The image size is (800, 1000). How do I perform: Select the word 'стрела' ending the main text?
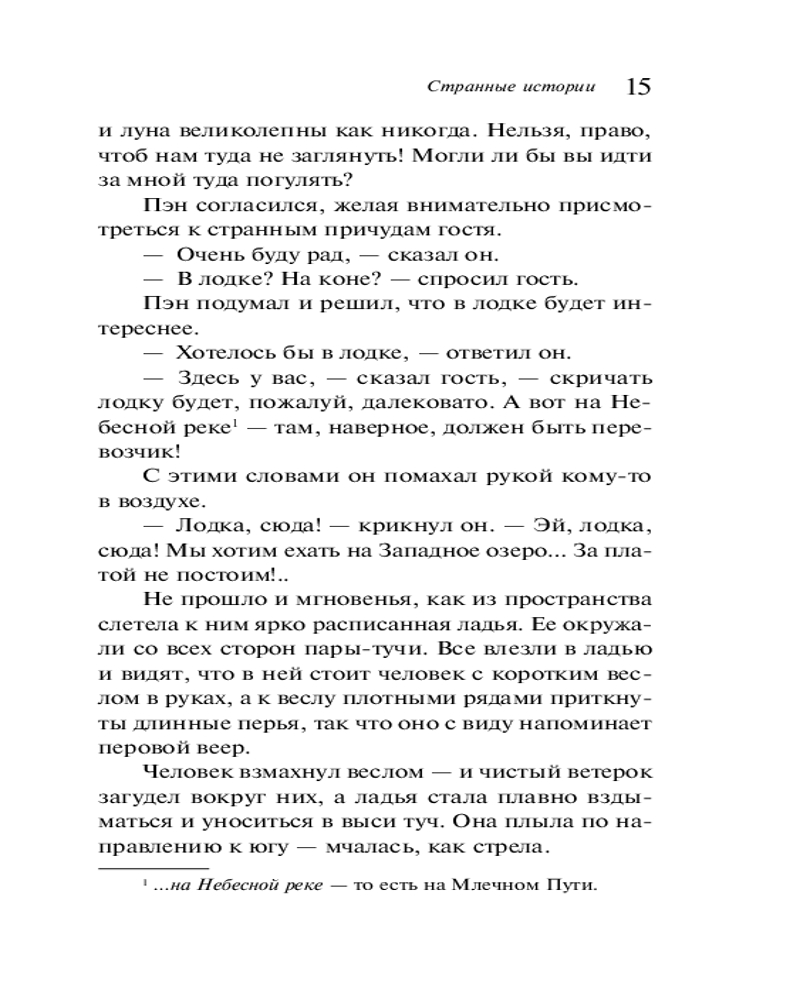click(x=514, y=848)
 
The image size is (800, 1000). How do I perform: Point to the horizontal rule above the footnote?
click(x=154, y=868)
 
